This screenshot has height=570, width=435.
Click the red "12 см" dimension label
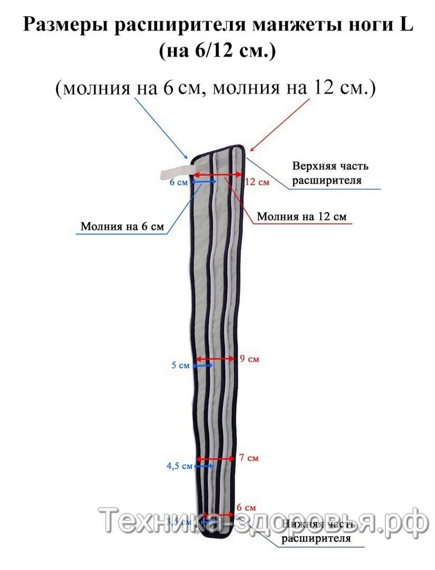click(x=257, y=182)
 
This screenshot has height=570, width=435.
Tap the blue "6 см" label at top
click(x=178, y=182)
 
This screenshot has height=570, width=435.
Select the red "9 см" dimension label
click(x=249, y=359)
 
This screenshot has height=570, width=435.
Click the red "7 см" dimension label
click(x=249, y=458)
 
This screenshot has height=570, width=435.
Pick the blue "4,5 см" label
click(x=179, y=466)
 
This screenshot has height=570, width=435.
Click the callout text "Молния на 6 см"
click(x=122, y=227)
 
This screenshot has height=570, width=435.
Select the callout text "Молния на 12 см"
click(x=302, y=216)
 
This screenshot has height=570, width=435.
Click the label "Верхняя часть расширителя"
click(x=330, y=173)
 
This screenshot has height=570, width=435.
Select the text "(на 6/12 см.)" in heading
click(x=217, y=51)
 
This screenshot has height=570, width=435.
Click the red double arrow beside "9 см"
click(x=215, y=359)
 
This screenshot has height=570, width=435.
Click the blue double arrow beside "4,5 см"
click(x=204, y=466)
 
